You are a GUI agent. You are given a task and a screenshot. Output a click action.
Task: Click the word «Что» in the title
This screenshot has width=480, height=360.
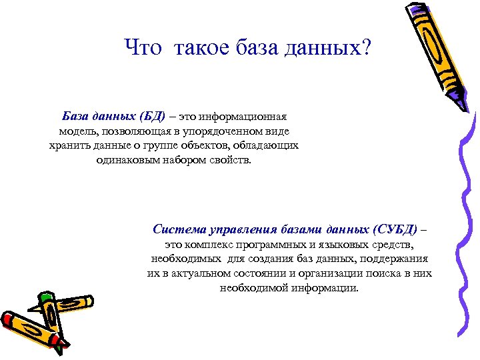point(143,48)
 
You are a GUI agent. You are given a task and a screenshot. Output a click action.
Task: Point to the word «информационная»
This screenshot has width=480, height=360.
point(237,117)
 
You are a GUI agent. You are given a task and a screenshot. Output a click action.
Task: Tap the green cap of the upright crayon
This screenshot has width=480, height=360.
point(45,298)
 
